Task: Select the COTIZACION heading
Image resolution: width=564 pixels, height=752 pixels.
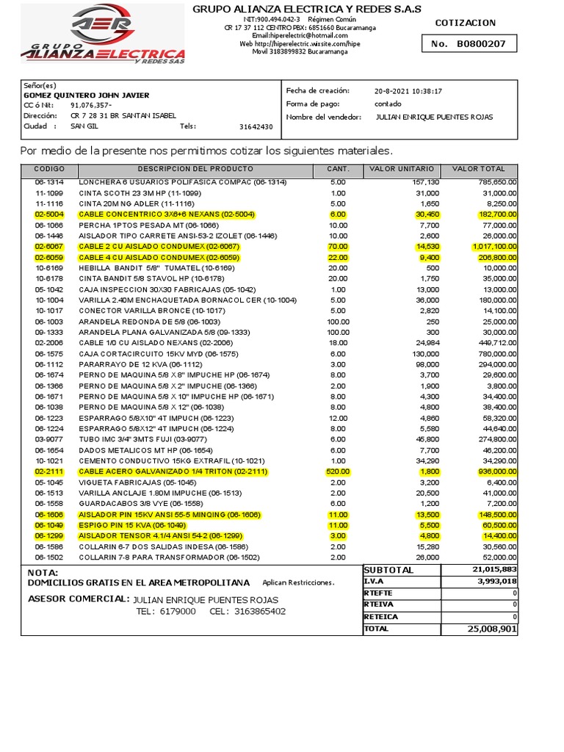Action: pyautogui.click(x=466, y=23)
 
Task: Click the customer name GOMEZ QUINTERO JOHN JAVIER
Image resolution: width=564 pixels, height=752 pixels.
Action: pyautogui.click(x=87, y=95)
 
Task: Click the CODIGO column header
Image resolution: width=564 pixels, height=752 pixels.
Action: pyautogui.click(x=50, y=170)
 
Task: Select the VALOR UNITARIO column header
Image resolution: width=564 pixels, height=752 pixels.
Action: pyautogui.click(x=402, y=170)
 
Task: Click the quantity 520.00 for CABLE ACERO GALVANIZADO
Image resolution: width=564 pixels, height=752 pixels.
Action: pyautogui.click(x=337, y=471)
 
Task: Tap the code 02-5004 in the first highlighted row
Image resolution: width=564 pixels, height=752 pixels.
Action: pyautogui.click(x=50, y=214)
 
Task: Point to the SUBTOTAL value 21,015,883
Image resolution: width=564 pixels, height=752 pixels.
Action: pyautogui.click(x=494, y=570)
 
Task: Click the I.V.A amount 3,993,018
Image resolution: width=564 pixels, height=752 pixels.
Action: pyautogui.click(x=496, y=582)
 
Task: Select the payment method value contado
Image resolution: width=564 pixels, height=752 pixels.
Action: pyautogui.click(x=387, y=104)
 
